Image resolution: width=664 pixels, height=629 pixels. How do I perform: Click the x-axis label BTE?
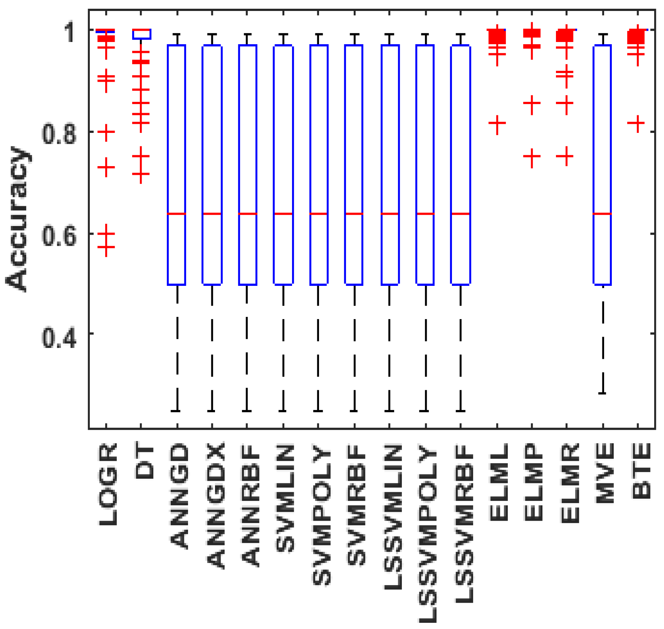coord(641,471)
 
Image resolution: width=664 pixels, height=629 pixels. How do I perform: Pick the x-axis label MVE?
coord(605,473)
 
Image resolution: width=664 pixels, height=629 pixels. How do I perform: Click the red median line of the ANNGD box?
coord(177,214)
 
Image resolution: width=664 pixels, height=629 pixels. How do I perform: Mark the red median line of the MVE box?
coord(602,214)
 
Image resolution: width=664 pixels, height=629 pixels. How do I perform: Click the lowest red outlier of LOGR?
coord(106,247)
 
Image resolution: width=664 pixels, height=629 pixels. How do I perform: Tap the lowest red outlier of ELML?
coord(497,123)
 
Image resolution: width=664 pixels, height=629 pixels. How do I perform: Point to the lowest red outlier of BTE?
coord(638,123)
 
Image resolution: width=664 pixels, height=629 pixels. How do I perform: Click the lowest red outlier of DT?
coord(141,173)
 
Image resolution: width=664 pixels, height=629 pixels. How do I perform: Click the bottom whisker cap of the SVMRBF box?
coord(354,411)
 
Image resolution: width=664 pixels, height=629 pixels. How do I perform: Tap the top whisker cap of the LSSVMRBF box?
coord(461,34)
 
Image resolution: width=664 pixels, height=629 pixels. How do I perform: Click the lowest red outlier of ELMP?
coord(532,157)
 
